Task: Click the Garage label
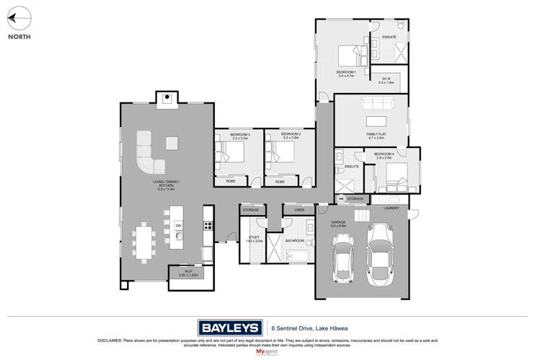coord(339,224)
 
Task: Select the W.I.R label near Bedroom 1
coord(387,81)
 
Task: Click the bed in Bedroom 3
coord(231,154)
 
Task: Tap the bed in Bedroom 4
coord(394,175)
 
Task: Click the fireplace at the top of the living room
coord(166,98)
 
